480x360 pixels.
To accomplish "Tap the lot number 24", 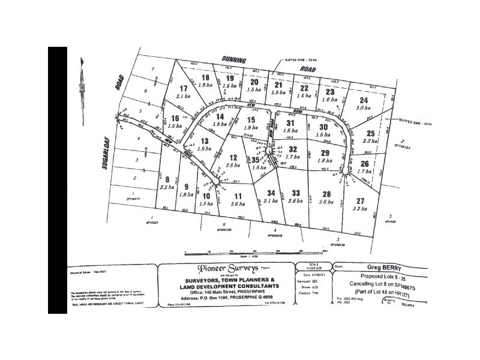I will [362, 100].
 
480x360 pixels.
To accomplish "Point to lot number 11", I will [238, 196].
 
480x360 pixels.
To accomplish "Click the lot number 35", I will [256, 160].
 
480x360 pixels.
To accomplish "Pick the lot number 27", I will [360, 200].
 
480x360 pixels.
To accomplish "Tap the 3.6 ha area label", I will [327, 202].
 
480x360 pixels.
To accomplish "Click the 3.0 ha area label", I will [363, 109].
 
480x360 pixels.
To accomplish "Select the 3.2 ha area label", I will [360, 209].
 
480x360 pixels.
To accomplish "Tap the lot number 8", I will [167, 179].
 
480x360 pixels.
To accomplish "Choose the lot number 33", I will [295, 193].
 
